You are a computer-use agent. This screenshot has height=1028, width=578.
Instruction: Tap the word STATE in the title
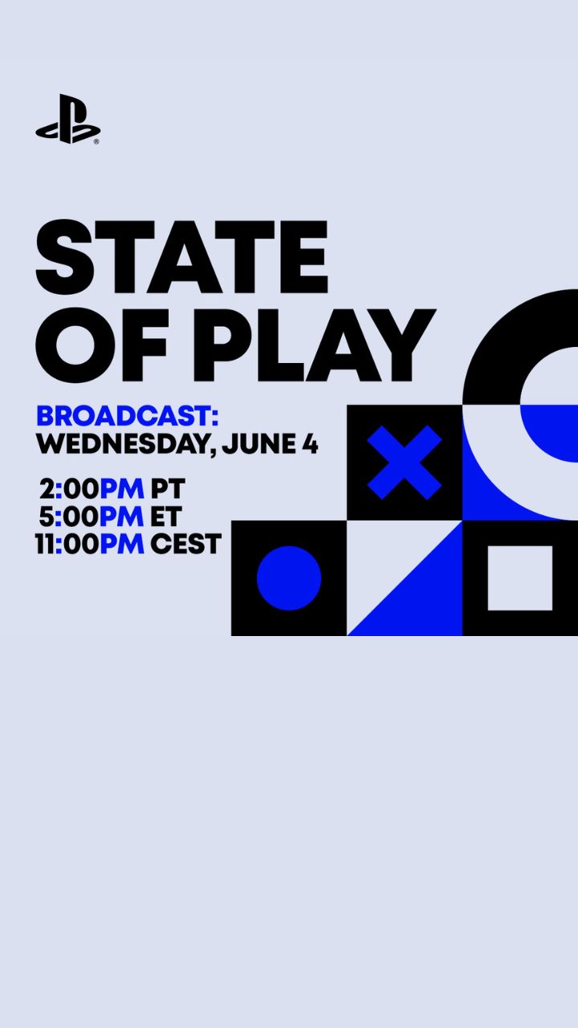pyautogui.click(x=182, y=257)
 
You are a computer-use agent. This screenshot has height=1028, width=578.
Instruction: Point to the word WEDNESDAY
pyautogui.click(x=123, y=444)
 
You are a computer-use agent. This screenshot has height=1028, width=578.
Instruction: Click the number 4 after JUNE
pyautogui.click(x=311, y=444)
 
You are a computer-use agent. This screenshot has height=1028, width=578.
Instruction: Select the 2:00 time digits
pyautogui.click(x=69, y=489)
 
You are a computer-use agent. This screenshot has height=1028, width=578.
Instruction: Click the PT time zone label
pyautogui.click(x=168, y=489)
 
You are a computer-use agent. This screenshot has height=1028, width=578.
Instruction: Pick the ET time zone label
pyautogui.click(x=165, y=516)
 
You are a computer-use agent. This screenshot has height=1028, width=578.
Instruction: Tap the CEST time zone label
pyautogui.click(x=185, y=545)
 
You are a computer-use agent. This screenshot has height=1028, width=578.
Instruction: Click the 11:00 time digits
pyautogui.click(x=67, y=545)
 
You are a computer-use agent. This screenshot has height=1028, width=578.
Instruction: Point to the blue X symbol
pyautogui.click(x=404, y=462)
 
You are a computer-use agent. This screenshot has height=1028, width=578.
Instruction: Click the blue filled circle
pyautogui.click(x=289, y=578)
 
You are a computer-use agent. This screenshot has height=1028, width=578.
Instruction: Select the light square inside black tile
pyautogui.click(x=519, y=578)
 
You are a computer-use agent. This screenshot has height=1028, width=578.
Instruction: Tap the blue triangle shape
pyautogui.click(x=425, y=597)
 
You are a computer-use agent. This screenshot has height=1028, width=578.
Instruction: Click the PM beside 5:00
pyautogui.click(x=121, y=516)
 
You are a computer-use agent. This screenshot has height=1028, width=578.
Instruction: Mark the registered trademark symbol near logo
pyautogui.click(x=96, y=142)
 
